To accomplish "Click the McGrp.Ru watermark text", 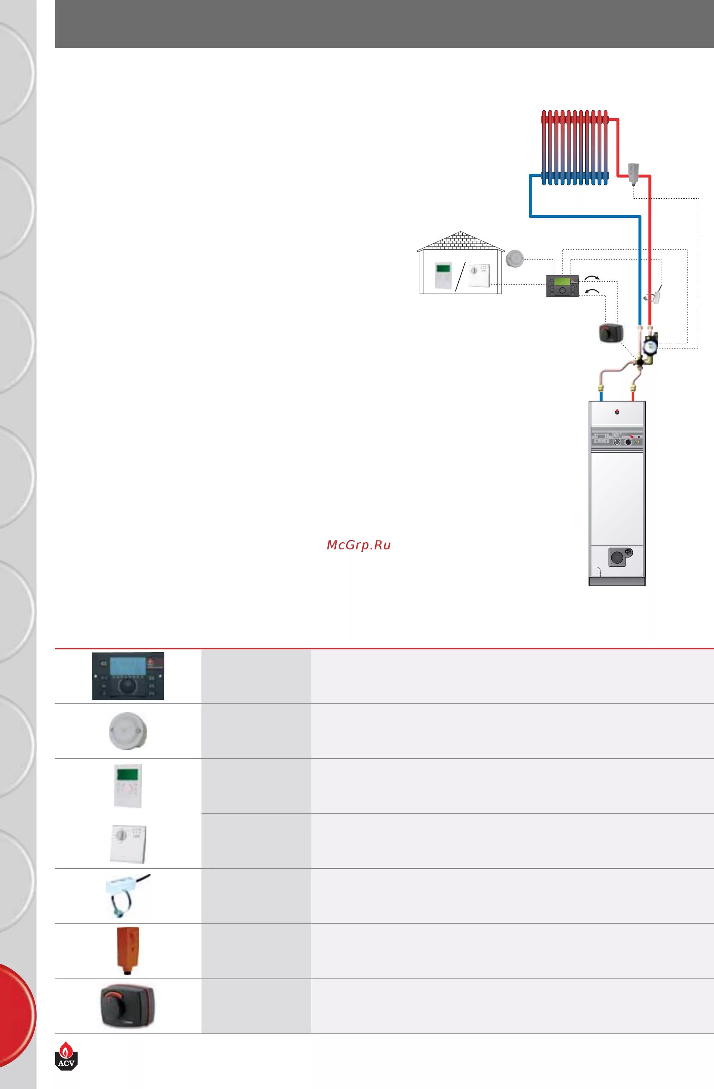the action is click(x=358, y=545).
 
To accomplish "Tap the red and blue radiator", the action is click(x=575, y=148).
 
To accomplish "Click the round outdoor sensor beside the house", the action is click(x=514, y=258).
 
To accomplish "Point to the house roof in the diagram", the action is click(x=461, y=241).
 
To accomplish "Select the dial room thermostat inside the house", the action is click(x=479, y=275).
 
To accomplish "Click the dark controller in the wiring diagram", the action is click(x=562, y=286).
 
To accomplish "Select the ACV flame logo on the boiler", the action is click(x=616, y=411).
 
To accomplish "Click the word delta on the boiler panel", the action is click(x=616, y=434).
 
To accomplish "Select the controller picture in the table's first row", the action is click(x=128, y=676).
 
